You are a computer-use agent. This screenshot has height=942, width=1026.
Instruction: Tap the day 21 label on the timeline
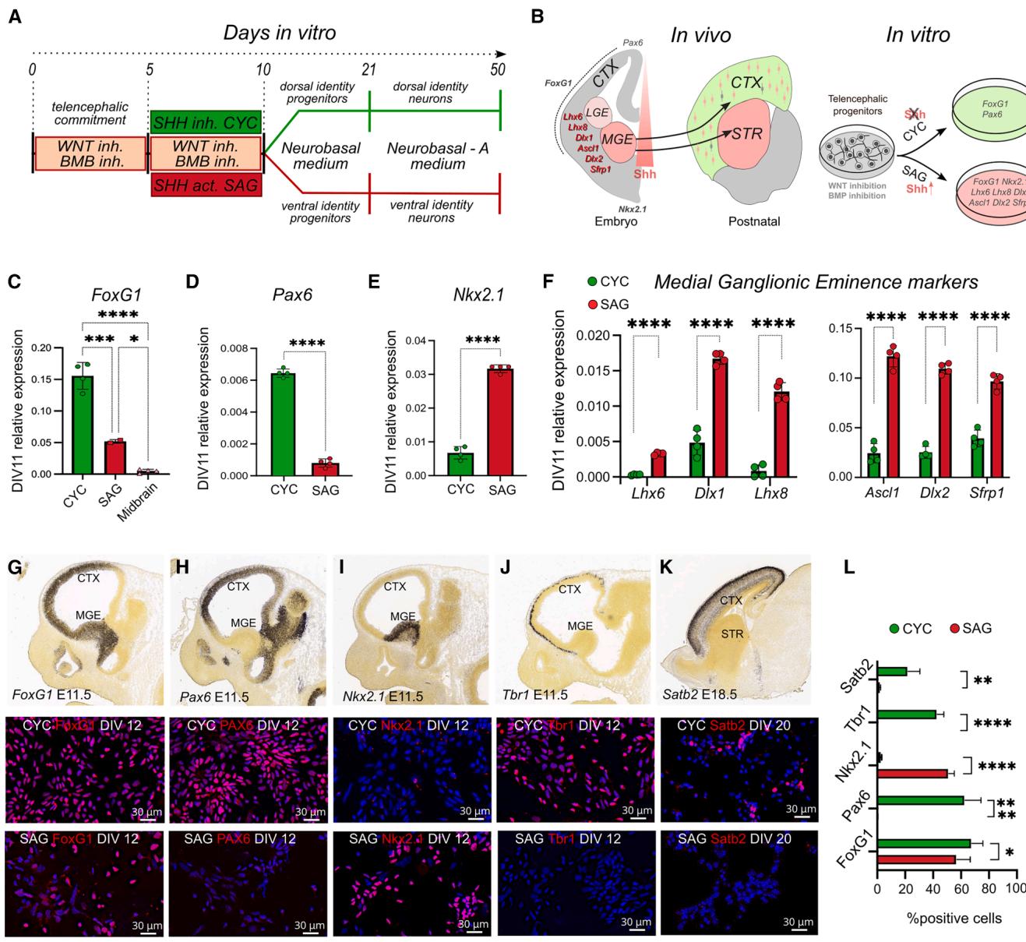coord(369,70)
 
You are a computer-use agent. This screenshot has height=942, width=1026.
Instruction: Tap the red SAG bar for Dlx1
coord(719,418)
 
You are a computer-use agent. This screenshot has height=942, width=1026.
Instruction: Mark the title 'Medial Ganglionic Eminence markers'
coord(816,282)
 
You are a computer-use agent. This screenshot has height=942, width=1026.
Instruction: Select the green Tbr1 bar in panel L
coord(907,714)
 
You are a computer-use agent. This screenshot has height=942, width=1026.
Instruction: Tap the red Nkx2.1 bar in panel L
coord(912,774)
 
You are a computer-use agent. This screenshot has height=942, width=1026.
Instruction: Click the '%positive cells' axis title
coord(954,918)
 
